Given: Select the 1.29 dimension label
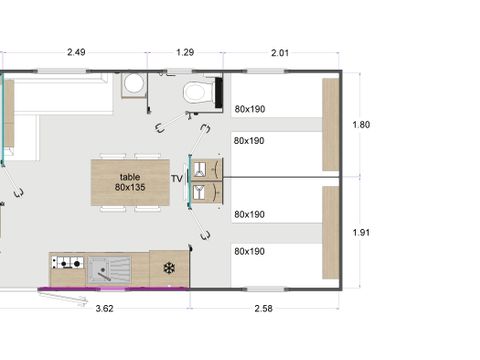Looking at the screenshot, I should (x=184, y=53).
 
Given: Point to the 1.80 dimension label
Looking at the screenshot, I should (x=362, y=125).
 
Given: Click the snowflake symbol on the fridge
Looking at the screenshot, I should (x=169, y=268).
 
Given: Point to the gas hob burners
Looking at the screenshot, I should (x=67, y=264).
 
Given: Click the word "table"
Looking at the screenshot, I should (x=130, y=176).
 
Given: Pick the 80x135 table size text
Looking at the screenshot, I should (x=130, y=188).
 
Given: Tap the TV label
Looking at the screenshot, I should (x=177, y=180).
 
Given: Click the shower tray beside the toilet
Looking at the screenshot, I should (x=133, y=86).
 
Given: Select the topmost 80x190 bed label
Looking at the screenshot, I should (x=249, y=109).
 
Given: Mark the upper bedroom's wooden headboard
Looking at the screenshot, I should (x=331, y=124).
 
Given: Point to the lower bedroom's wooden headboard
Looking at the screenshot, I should (x=331, y=233).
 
